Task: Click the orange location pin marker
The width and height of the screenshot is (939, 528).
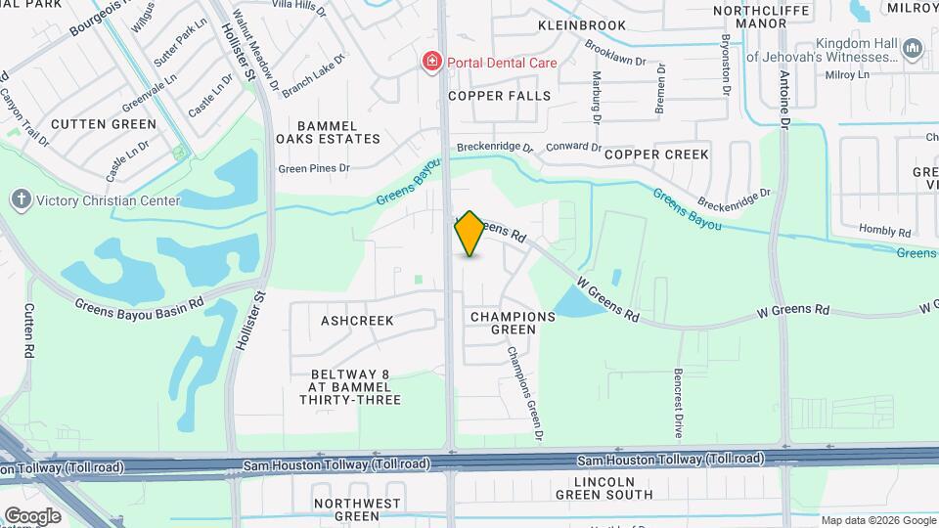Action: tap(469, 234)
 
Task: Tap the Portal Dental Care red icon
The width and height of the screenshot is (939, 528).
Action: tap(430, 63)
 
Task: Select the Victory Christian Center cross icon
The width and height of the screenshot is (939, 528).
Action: tap(21, 200)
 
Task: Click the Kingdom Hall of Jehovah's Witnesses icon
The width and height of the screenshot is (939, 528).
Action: tap(912, 48)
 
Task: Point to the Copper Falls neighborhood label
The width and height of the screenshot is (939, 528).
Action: tap(500, 96)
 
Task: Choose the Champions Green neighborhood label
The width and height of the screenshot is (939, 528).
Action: tap(513, 323)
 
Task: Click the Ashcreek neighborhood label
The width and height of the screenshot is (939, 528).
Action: tap(357, 321)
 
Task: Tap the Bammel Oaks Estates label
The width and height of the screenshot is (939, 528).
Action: tap(326, 132)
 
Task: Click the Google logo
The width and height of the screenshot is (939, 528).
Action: tap(32, 515)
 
